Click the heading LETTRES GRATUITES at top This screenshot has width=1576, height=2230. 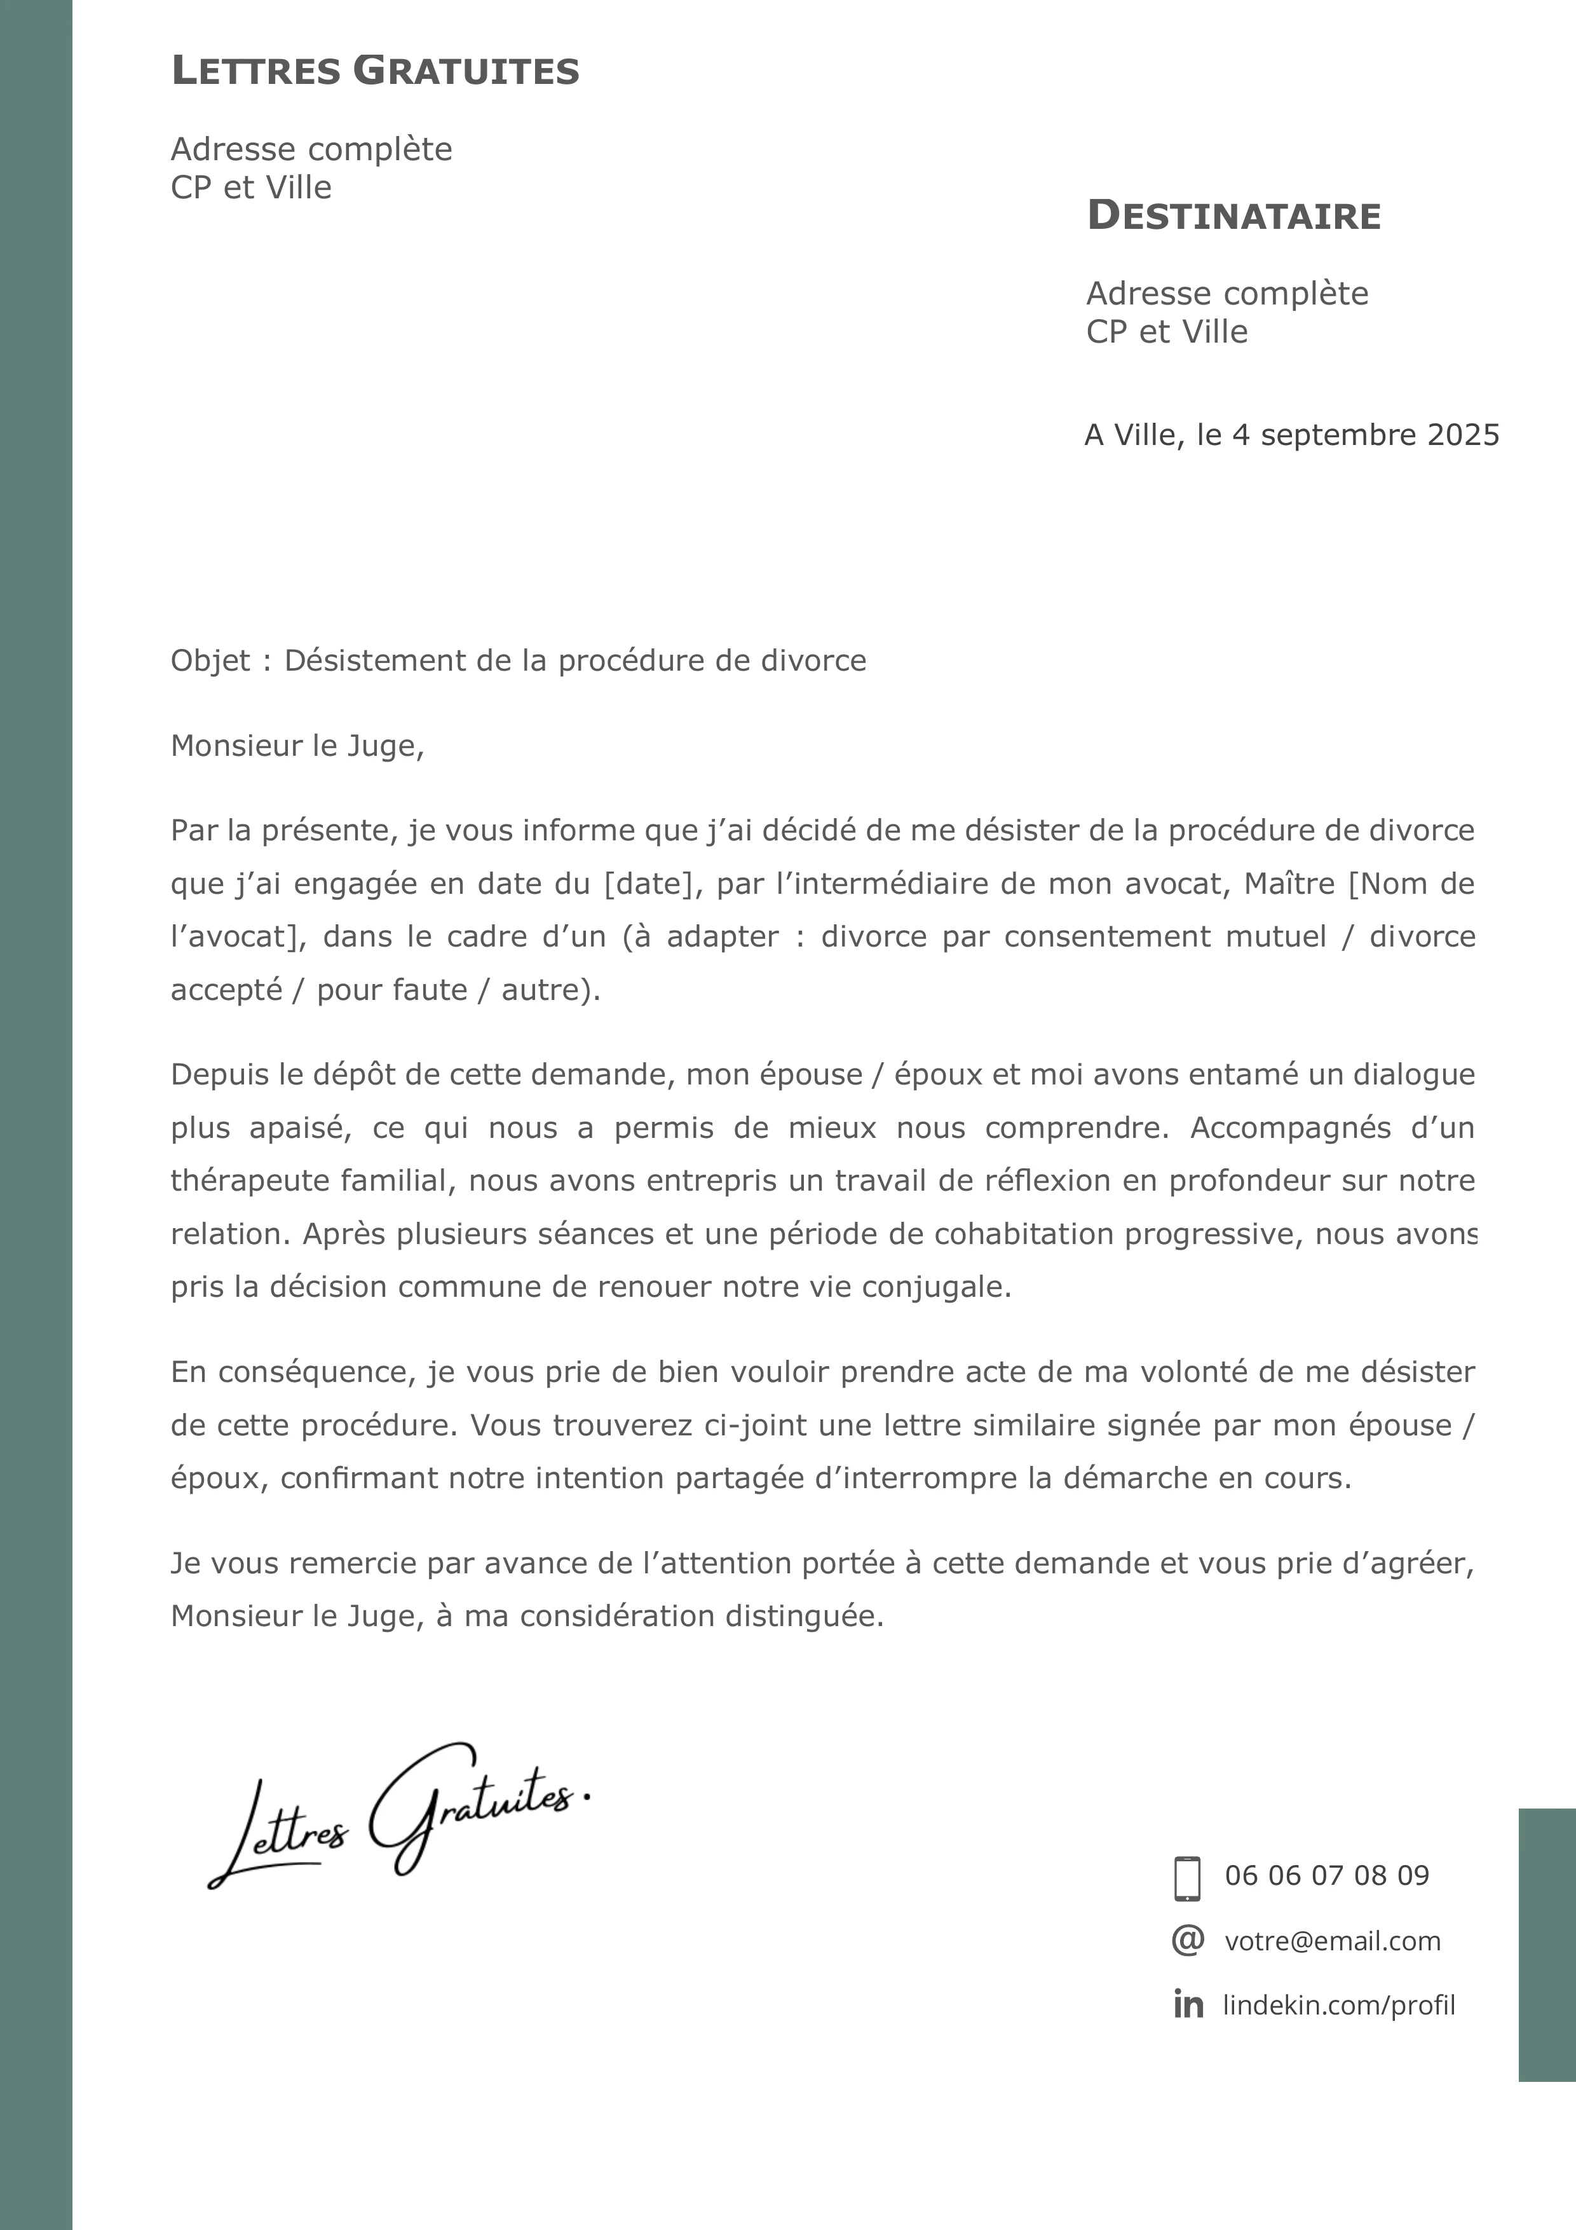(375, 72)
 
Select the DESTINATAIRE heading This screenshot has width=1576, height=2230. (1233, 215)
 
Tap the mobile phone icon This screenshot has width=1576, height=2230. (1186, 1878)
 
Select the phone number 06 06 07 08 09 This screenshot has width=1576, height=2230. (1326, 1875)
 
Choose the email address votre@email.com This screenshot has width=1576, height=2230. (1332, 1941)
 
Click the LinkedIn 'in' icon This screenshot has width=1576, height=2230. (1188, 2005)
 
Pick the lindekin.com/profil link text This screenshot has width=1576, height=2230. (1338, 2006)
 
